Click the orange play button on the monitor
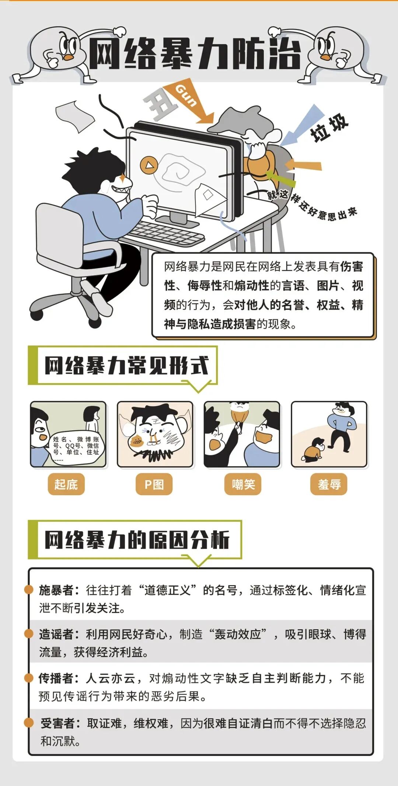[149, 165]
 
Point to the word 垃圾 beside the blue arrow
[329, 128]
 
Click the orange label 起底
[66, 484]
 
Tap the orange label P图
[154, 484]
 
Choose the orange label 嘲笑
[243, 484]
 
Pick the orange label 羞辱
[329, 484]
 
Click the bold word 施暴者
[56, 590]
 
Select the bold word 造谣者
[56, 634]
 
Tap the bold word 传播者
[56, 678]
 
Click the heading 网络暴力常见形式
[126, 366]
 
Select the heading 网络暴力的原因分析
[137, 540]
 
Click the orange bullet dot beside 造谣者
[29, 634]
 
